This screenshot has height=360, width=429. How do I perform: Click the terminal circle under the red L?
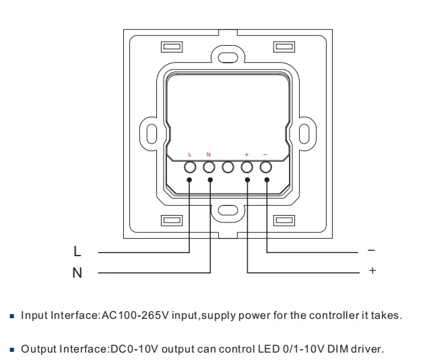[x=190, y=167]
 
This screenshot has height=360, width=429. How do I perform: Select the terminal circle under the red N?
[x=209, y=167]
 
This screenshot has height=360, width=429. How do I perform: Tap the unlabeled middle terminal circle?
[x=228, y=167]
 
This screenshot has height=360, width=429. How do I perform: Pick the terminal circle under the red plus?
[x=247, y=167]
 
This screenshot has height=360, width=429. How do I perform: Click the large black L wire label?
[x=77, y=252]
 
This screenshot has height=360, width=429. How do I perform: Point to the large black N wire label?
[x=77, y=273]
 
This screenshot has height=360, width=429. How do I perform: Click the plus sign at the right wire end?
[x=371, y=272]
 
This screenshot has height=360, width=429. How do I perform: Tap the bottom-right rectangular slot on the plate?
[x=284, y=220]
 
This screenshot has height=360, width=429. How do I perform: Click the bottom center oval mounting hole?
[x=228, y=211]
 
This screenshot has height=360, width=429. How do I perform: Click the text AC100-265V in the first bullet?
[x=129, y=316]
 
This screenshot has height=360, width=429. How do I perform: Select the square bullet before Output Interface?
[x=12, y=350]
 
